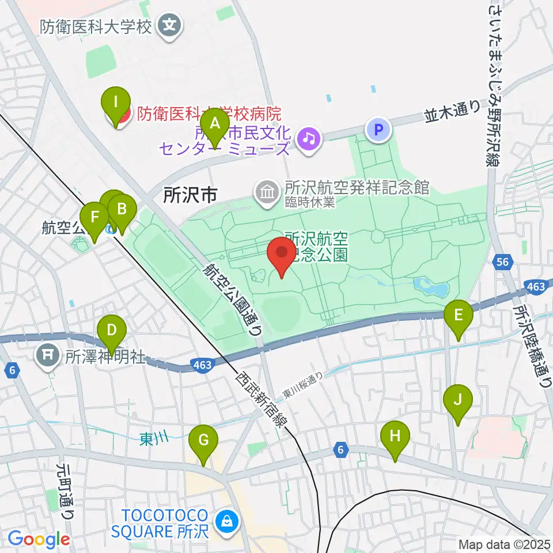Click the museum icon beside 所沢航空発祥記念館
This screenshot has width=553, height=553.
267,190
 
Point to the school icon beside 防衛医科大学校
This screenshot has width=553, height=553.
171,25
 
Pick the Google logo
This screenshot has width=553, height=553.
39,539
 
